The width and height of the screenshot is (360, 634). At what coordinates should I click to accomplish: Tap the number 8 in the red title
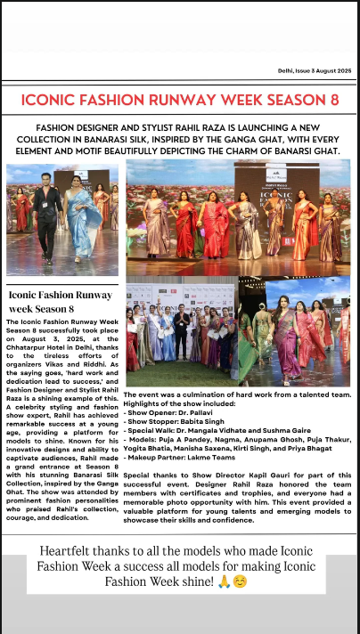(x=333, y=100)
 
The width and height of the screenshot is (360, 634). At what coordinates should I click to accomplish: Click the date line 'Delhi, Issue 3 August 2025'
(x=314, y=70)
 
